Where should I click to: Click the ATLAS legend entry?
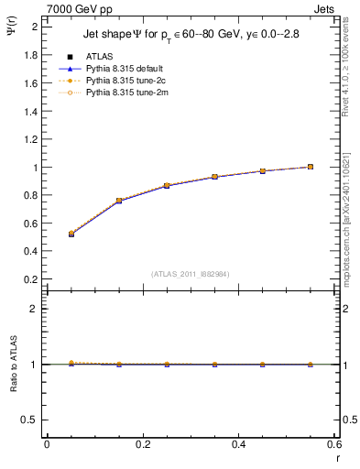pyautogui.click(x=99, y=56)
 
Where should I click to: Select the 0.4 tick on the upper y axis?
pyautogui.click(x=35, y=252)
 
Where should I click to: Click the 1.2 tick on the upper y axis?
pyautogui.click(x=35, y=139)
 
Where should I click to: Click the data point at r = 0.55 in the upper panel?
pyautogui.click(x=311, y=167)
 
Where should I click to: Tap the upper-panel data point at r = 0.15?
pyautogui.click(x=119, y=201)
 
